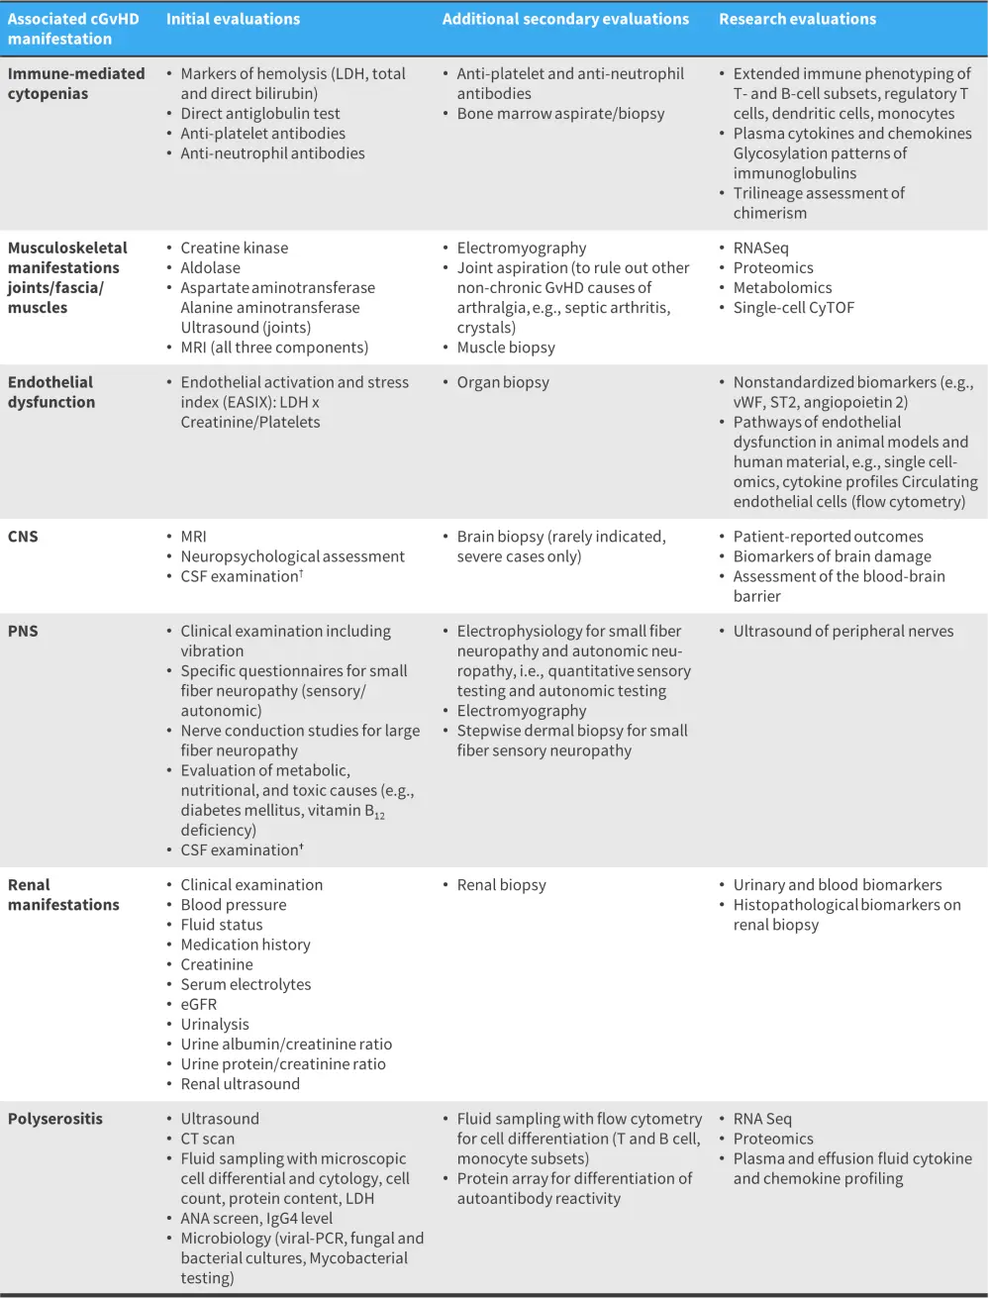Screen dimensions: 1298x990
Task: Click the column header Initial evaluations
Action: click(233, 19)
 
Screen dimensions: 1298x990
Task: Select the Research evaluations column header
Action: click(797, 19)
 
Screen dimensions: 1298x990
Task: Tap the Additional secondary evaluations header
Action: click(565, 19)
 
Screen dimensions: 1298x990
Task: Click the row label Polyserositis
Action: click(55, 1119)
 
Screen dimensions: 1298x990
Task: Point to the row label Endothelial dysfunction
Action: click(51, 392)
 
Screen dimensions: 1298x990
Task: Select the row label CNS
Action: click(23, 537)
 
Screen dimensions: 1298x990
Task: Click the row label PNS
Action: click(23, 632)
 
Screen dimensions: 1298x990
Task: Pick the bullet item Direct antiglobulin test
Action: click(260, 114)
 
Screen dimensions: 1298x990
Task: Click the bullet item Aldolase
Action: click(210, 268)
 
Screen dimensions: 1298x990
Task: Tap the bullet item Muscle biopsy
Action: click(506, 348)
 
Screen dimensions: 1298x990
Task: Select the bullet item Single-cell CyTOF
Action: click(793, 308)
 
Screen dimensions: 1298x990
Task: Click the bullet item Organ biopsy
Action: click(503, 382)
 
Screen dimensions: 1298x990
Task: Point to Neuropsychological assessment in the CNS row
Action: click(292, 556)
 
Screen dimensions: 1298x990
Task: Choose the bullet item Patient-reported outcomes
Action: click(828, 537)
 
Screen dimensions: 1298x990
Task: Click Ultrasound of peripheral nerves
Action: click(843, 632)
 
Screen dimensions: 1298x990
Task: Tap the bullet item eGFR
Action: click(198, 1004)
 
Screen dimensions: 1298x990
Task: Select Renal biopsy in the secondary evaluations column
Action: click(501, 885)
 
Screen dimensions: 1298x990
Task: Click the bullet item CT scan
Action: click(207, 1139)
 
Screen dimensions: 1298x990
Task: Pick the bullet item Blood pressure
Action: click(234, 905)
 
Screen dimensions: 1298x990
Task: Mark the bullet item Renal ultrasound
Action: click(240, 1084)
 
